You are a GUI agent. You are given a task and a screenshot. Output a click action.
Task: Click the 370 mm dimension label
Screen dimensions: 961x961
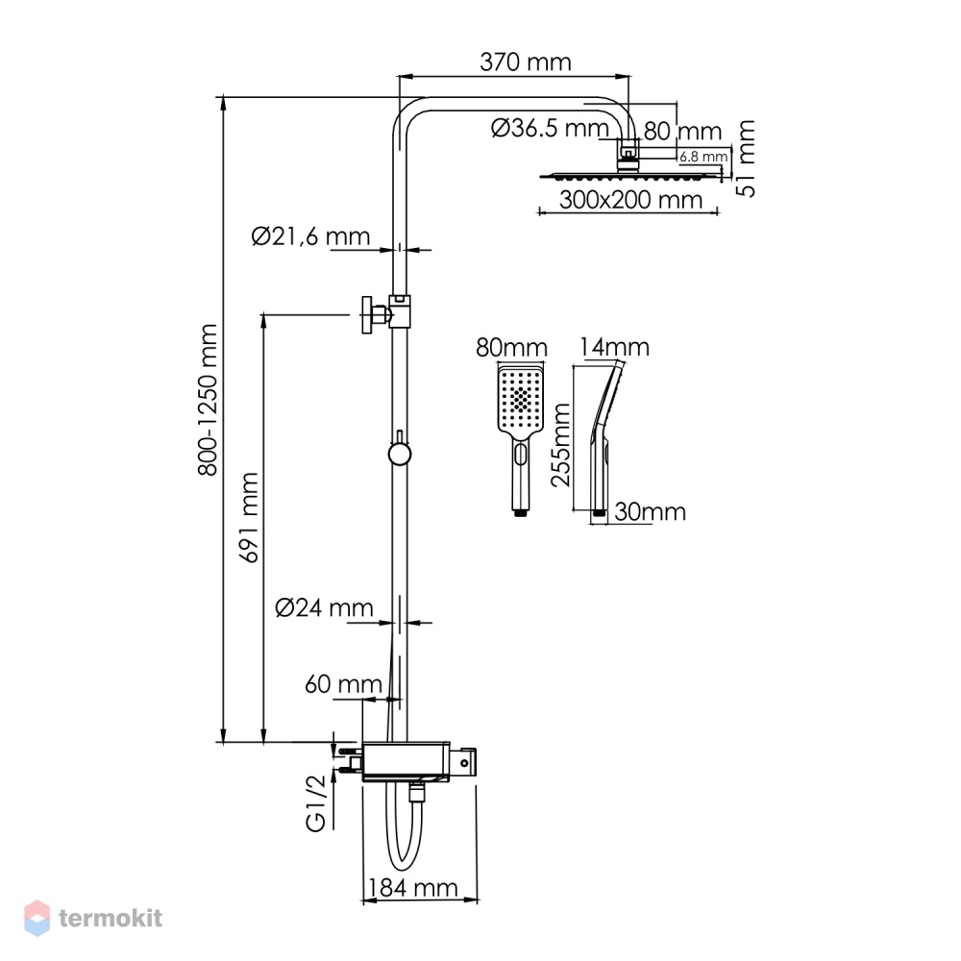[x=526, y=62]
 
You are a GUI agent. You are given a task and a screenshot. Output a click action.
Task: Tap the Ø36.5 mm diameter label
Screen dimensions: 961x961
[x=550, y=129]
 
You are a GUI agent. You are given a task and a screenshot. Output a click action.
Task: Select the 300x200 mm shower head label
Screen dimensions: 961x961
[x=630, y=200]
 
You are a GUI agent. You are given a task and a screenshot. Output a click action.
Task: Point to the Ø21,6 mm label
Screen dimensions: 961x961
[x=310, y=236]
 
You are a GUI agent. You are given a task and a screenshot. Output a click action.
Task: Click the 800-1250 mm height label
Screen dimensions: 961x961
[x=208, y=400]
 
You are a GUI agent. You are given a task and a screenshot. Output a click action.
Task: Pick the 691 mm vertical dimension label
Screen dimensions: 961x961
[x=250, y=517]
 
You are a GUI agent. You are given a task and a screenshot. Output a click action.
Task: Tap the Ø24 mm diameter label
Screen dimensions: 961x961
[x=324, y=607]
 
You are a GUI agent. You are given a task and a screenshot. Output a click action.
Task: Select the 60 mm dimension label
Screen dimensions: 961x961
[x=343, y=684]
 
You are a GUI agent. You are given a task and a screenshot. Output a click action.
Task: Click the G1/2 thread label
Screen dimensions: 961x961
[x=315, y=802]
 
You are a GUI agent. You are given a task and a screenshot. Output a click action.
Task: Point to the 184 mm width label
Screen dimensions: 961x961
[x=412, y=887]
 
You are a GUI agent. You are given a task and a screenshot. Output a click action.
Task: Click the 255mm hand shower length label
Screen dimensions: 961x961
[x=560, y=445]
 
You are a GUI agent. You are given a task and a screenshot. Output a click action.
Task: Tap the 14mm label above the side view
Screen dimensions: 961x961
[x=614, y=348]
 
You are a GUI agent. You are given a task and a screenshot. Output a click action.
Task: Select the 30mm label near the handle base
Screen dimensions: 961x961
[x=650, y=512]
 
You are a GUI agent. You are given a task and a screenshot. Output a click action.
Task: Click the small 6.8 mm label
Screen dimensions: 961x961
[x=703, y=157]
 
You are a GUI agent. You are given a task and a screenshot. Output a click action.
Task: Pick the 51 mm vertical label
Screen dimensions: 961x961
[x=746, y=159]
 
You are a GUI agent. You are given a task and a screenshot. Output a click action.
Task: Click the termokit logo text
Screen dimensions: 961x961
[x=111, y=918]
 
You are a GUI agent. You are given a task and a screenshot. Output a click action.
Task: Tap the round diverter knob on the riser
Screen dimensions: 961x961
[x=399, y=454]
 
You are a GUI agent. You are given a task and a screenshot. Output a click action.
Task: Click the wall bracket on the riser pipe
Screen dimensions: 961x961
[x=385, y=313]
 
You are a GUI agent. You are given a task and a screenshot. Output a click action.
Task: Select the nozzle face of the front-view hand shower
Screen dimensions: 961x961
[x=521, y=400]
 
